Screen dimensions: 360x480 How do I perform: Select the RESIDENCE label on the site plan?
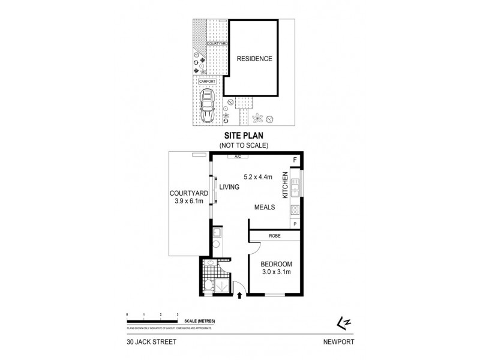[x=254, y=59]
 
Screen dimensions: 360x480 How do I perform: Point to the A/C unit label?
[x=238, y=157]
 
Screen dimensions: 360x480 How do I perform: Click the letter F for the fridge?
[x=295, y=160]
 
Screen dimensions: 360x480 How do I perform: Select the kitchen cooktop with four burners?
[x=295, y=210]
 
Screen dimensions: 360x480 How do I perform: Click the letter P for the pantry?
[x=295, y=224]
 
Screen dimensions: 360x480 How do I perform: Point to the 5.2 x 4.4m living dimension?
[x=258, y=177]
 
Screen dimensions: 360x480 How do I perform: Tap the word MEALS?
[x=264, y=207]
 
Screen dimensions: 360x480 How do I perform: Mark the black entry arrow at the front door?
[x=241, y=295]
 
